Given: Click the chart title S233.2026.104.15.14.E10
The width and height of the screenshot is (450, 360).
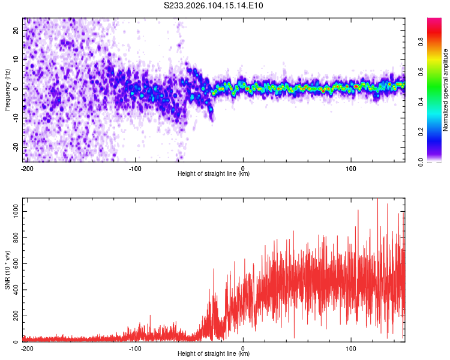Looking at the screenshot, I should pos(214,6).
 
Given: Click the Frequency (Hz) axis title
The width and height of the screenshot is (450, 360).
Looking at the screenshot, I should pos(7,89).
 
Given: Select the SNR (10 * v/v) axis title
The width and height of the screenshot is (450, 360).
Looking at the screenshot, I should pos(7,269).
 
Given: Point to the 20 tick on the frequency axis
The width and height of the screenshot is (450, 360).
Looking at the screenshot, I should pos(16,30).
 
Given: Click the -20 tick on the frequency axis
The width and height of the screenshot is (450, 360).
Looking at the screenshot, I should pos(15,147).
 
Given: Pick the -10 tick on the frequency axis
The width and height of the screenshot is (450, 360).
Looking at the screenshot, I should pos(15,118).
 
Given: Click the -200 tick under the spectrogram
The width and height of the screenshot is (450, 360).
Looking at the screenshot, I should pos(27,168).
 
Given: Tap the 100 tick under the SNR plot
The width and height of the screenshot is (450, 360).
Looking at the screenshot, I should pos(350,348).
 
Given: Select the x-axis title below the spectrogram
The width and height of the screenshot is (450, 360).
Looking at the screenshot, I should pos(214,174).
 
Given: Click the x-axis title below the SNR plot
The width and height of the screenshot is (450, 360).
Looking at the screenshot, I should pos(214,354).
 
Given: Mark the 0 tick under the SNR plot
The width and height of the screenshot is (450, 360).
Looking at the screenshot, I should pos(243,348).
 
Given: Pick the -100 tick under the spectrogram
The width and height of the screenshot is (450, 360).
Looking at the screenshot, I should pos(135,168).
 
